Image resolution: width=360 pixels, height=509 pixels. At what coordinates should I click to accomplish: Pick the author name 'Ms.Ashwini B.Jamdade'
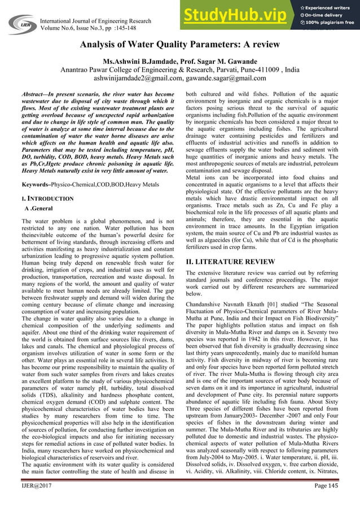(x=144, y=61)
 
